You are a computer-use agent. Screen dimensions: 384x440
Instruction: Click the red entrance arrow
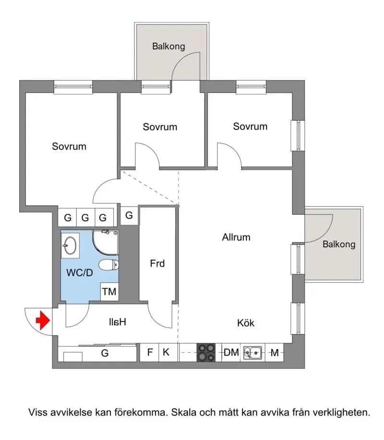(x=43, y=320)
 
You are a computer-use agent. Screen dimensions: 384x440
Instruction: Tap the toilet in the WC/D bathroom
(x=109, y=265)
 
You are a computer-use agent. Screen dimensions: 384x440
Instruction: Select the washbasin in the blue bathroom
(x=70, y=245)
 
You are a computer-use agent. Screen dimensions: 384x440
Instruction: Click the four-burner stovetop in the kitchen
(x=206, y=352)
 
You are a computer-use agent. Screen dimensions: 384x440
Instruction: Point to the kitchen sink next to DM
(x=253, y=353)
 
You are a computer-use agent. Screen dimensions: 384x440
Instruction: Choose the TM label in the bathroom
(x=109, y=292)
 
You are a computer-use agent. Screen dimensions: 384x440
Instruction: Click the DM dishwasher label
(x=231, y=352)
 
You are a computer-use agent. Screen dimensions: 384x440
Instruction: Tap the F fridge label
(x=150, y=352)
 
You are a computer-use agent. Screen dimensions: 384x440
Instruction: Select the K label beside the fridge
(x=166, y=352)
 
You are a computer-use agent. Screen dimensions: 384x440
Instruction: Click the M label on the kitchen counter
(x=275, y=352)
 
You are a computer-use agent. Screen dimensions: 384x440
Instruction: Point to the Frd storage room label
(x=157, y=264)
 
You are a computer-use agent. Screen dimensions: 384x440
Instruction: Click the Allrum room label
(x=236, y=237)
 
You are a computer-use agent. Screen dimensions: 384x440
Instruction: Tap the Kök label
(x=246, y=323)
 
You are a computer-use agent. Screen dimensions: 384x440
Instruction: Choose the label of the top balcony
(x=168, y=46)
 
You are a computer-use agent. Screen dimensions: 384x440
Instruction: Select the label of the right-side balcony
(x=339, y=244)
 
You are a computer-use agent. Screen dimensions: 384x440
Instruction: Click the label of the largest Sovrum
(x=69, y=147)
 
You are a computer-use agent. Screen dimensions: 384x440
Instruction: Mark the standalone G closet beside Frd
(x=129, y=216)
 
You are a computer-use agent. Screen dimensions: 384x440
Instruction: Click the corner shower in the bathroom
(x=106, y=243)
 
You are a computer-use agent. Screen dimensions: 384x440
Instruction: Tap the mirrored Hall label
(x=118, y=322)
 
